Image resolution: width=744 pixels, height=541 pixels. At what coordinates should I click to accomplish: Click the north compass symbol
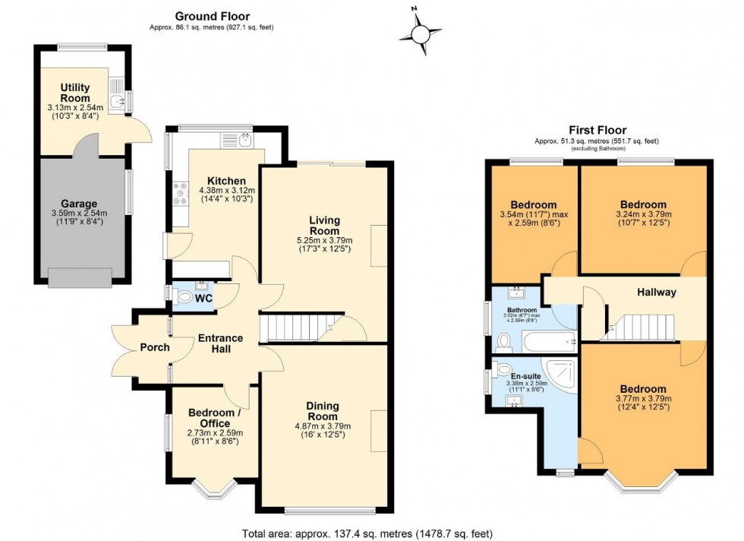(x=419, y=33)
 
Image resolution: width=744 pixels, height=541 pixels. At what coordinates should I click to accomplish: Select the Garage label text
(x=80, y=204)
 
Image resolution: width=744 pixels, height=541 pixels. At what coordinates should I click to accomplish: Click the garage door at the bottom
(x=79, y=277)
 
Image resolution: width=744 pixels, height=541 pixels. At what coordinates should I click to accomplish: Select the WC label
(x=203, y=299)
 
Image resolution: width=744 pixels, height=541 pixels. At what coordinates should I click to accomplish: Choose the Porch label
(x=155, y=347)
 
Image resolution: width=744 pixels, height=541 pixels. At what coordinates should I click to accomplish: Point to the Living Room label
(x=324, y=226)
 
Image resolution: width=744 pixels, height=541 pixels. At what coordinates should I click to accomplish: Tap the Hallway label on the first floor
(x=656, y=293)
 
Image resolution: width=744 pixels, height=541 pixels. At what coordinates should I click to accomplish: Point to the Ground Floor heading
(x=212, y=16)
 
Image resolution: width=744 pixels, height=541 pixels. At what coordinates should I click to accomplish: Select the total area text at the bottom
(x=371, y=533)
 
